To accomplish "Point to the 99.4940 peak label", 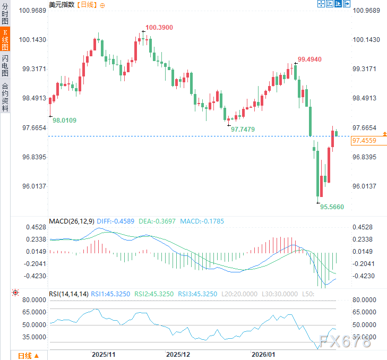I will click(x=309, y=59).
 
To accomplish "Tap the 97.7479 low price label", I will click(x=243, y=129).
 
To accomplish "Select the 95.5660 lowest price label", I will click(x=332, y=207).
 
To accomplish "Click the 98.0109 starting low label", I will click(x=64, y=121).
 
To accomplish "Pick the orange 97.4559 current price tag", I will click(x=364, y=141).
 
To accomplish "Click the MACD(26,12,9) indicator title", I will click(x=72, y=221).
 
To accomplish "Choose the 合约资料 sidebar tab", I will click(x=5, y=97).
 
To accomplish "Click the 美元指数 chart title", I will click(x=62, y=5).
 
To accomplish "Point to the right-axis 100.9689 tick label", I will click(x=366, y=11).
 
